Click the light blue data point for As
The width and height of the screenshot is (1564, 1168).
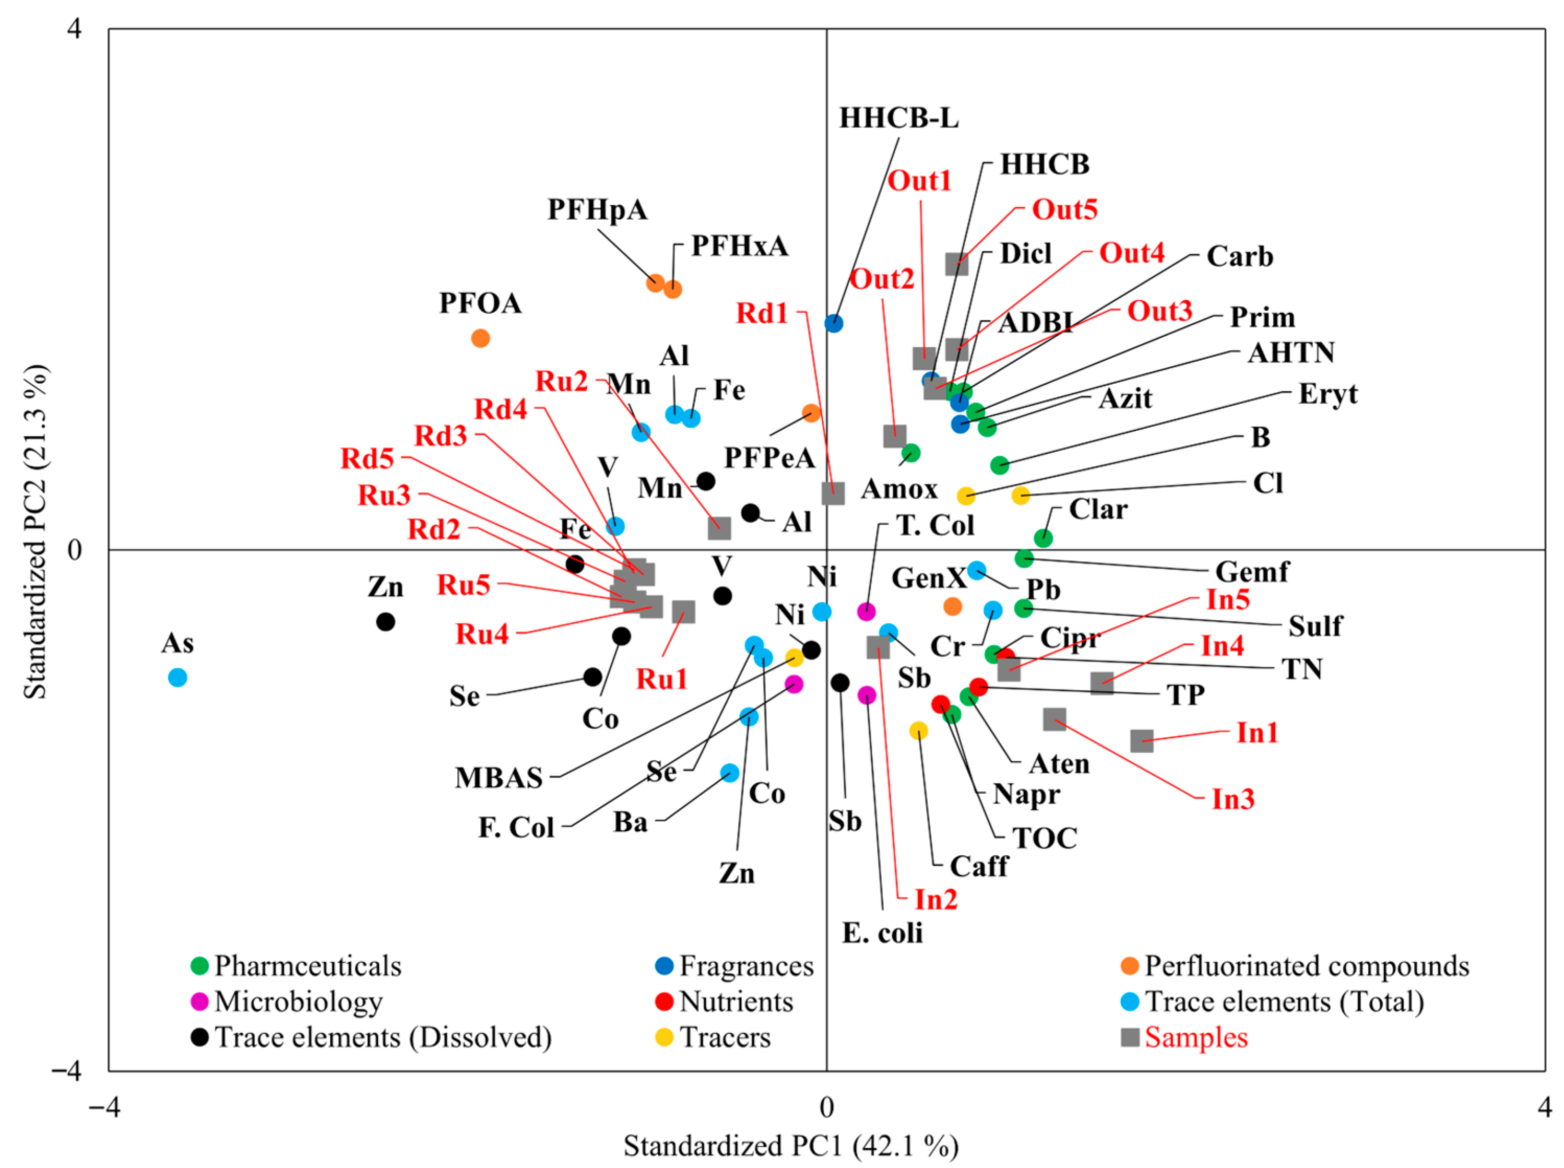click(x=177, y=677)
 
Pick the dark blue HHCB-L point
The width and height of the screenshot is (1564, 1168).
click(x=834, y=323)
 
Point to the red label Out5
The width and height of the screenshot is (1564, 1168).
click(x=1064, y=209)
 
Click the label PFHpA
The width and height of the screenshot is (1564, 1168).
click(x=597, y=210)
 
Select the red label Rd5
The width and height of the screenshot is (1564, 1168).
click(x=367, y=458)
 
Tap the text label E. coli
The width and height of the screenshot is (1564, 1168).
click(x=883, y=933)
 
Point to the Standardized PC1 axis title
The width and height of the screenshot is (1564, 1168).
click(x=791, y=1146)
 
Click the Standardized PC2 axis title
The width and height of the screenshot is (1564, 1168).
click(x=35, y=532)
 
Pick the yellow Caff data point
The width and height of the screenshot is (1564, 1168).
click(x=919, y=730)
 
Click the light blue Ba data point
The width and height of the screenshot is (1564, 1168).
click(x=730, y=773)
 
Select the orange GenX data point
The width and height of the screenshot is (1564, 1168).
click(x=953, y=606)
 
